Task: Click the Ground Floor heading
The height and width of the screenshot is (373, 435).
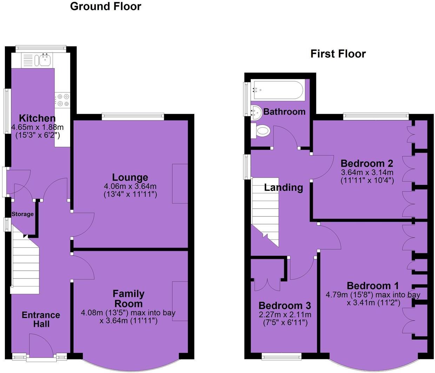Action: coord(106,6)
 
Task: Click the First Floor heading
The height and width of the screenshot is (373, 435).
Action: coord(338,54)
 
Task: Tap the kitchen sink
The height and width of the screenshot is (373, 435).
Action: coord(45,61)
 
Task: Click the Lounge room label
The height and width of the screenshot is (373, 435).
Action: coord(130,177)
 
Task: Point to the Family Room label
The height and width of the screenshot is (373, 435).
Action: coord(128,298)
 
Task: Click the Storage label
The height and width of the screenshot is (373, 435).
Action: coord(22,214)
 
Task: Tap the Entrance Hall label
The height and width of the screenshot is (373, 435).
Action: coord(41,319)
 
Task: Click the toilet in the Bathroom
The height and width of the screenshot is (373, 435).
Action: coord(261,131)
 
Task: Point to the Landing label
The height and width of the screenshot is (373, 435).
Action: coord(283,187)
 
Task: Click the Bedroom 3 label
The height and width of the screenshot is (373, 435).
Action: coord(285,305)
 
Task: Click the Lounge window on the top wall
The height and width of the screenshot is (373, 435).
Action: coord(133,117)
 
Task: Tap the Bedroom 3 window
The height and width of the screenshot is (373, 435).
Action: coord(282,357)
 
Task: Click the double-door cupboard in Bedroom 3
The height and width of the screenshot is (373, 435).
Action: coord(268,280)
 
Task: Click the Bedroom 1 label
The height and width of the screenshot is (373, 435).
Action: coord(373,285)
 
